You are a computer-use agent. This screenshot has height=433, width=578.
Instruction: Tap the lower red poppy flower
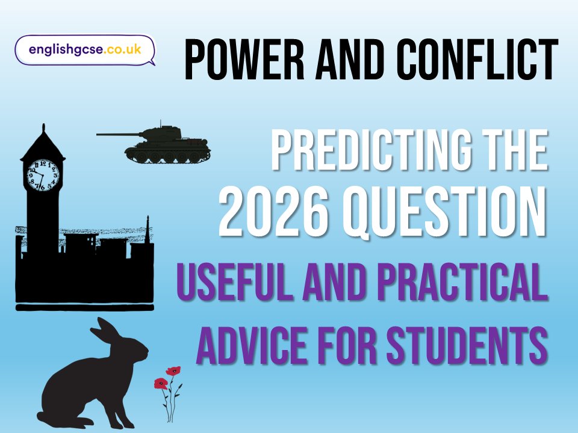tap(161, 383)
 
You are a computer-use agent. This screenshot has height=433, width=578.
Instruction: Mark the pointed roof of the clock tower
tap(43, 143)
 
